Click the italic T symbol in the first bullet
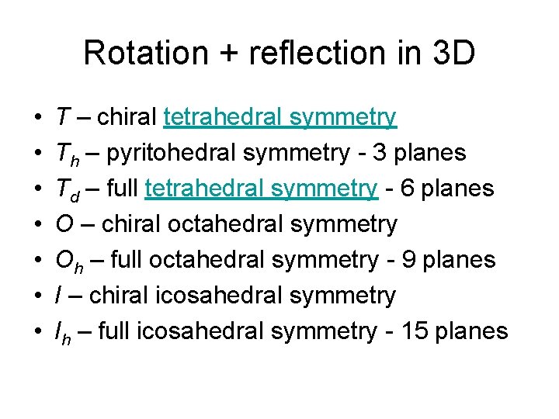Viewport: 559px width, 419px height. pyautogui.click(x=61, y=117)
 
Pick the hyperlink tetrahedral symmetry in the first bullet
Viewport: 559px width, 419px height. pyautogui.click(x=280, y=117)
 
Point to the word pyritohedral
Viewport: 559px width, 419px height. pyautogui.click(x=170, y=153)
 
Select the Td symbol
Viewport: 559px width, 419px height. pyautogui.click(x=64, y=189)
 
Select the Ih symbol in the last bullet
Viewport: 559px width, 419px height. pyautogui.click(x=61, y=332)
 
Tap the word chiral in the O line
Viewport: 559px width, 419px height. pyautogui.click(x=128, y=224)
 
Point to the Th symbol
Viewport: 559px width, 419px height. pyautogui.click(x=64, y=154)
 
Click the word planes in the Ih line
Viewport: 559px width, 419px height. pyautogui.click(x=472, y=331)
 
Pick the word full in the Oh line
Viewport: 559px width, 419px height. pyautogui.click(x=124, y=260)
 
